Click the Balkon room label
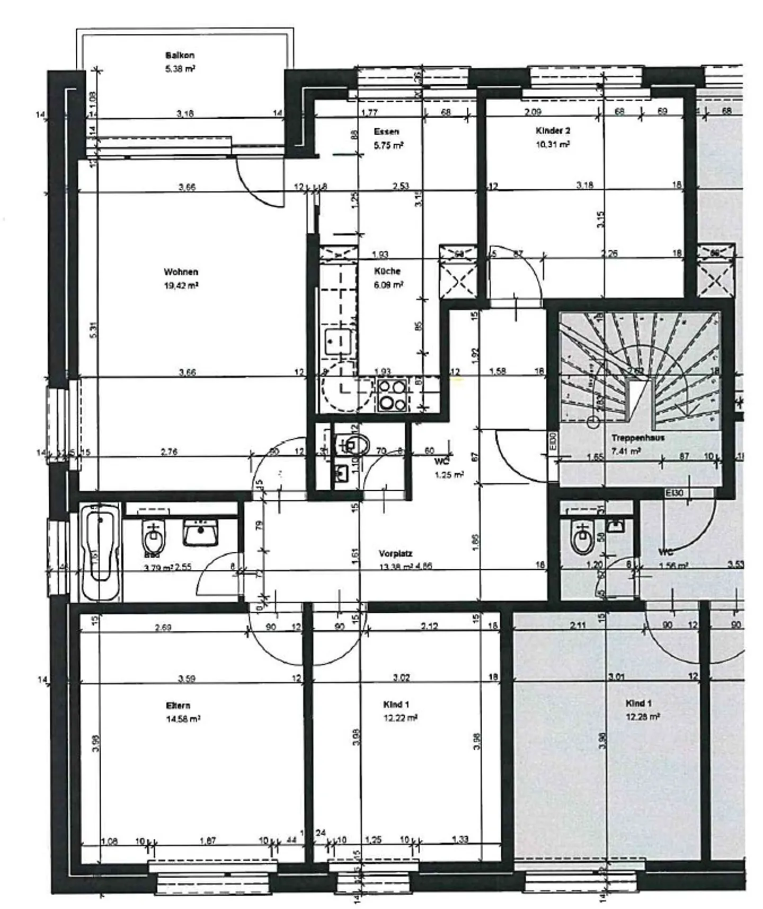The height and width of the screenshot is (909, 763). point(180,55)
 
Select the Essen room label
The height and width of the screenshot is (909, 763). point(386,131)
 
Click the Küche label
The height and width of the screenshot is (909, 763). point(387,271)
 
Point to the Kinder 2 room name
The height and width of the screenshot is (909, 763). point(553,130)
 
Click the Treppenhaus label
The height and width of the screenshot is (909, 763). point(637,438)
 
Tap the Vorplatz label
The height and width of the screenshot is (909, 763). point(395,553)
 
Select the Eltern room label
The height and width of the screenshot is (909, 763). point(178,705)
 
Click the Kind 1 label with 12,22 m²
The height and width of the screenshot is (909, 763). point(396,704)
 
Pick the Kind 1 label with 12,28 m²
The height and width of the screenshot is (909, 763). point(638,703)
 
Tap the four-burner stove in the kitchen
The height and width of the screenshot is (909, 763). point(393,395)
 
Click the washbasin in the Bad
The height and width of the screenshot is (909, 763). point(201,532)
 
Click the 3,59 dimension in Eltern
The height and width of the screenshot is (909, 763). point(188,678)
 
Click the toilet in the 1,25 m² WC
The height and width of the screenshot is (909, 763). point(352,444)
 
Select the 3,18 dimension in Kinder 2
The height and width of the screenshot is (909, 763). point(584,185)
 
